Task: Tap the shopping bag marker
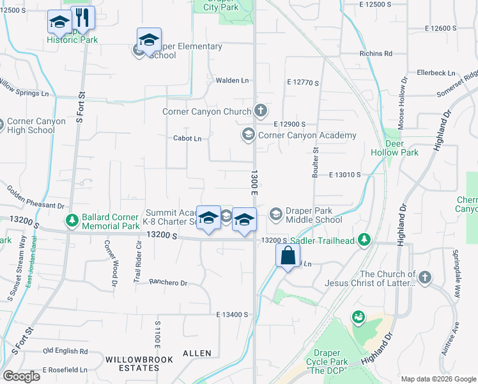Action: [288, 255]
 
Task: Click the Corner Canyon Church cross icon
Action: [260, 111]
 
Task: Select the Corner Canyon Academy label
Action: [307, 135]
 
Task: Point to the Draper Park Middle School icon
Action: [276, 214]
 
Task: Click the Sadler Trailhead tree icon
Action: [365, 239]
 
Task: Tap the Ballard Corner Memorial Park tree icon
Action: [72, 221]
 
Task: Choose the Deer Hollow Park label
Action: [394, 148]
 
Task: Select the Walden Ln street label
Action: [232, 80]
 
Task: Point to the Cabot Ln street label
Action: [187, 138]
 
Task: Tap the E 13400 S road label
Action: [232, 314]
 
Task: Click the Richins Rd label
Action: [375, 54]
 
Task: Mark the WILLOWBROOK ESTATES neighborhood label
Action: [139, 364]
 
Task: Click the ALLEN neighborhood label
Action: [197, 353]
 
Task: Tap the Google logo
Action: [21, 376]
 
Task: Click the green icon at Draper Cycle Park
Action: [358, 317]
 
